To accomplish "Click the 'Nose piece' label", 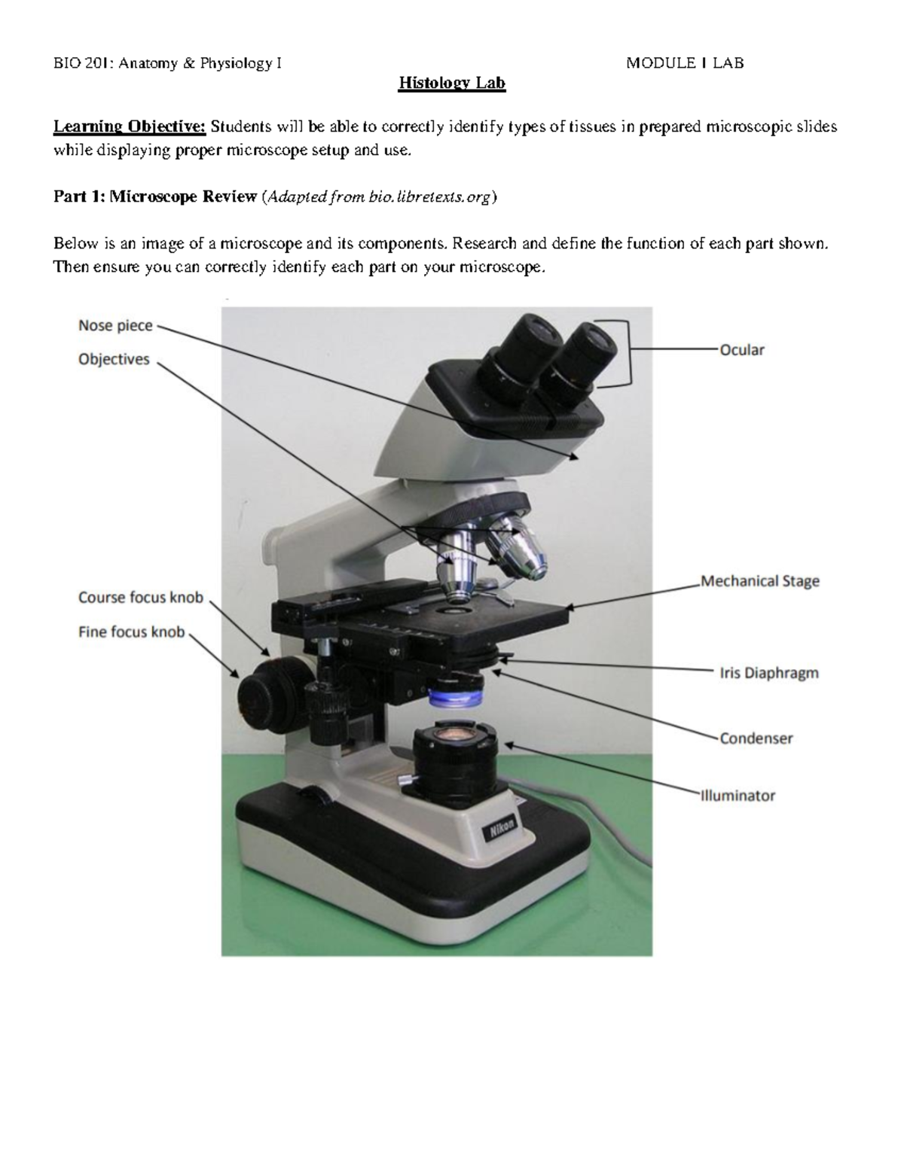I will pyautogui.click(x=115, y=326).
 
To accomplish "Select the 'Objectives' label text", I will pyautogui.click(x=114, y=360).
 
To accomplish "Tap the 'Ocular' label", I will pyautogui.click(x=742, y=350).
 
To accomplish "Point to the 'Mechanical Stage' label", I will pyautogui.click(x=760, y=581).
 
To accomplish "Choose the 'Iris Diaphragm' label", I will pyautogui.click(x=769, y=673).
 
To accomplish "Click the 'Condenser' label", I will pyautogui.click(x=756, y=738).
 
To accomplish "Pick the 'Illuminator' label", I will pyautogui.click(x=738, y=796).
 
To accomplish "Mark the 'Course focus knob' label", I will pyautogui.click(x=141, y=598).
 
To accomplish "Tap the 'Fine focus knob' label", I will pyautogui.click(x=131, y=632).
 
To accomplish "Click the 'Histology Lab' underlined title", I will pyautogui.click(x=452, y=83).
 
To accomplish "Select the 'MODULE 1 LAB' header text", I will pyautogui.click(x=685, y=63).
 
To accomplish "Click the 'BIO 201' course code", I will pyautogui.click(x=75, y=63).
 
